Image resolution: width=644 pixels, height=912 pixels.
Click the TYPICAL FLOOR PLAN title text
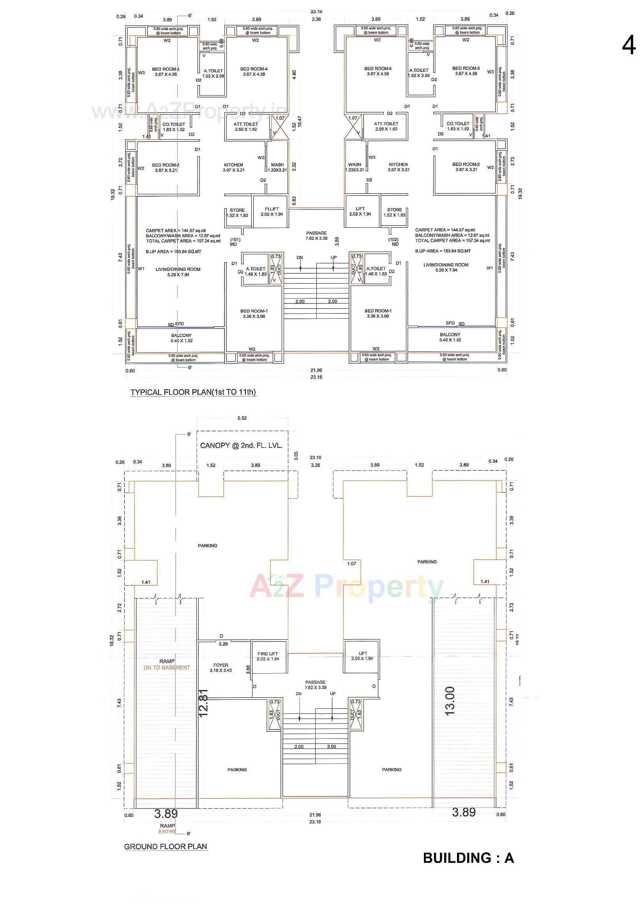193,392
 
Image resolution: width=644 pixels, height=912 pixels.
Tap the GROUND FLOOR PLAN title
166,846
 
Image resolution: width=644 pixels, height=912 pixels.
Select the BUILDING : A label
468,858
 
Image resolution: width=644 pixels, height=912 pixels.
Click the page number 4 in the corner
628,45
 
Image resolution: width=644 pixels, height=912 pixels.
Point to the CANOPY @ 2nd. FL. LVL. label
241,446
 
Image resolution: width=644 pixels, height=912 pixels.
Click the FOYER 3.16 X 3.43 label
221,668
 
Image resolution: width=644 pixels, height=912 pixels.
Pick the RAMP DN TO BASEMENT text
167,665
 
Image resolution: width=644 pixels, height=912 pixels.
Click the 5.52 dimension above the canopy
242,418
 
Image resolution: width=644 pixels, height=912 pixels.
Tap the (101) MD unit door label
235,242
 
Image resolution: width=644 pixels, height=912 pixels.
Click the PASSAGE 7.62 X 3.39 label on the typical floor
316,236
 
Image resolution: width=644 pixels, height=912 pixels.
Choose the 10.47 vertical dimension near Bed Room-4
300,121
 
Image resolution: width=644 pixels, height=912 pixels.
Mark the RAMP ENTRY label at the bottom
167,829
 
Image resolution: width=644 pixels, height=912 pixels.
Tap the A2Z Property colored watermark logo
346,587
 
